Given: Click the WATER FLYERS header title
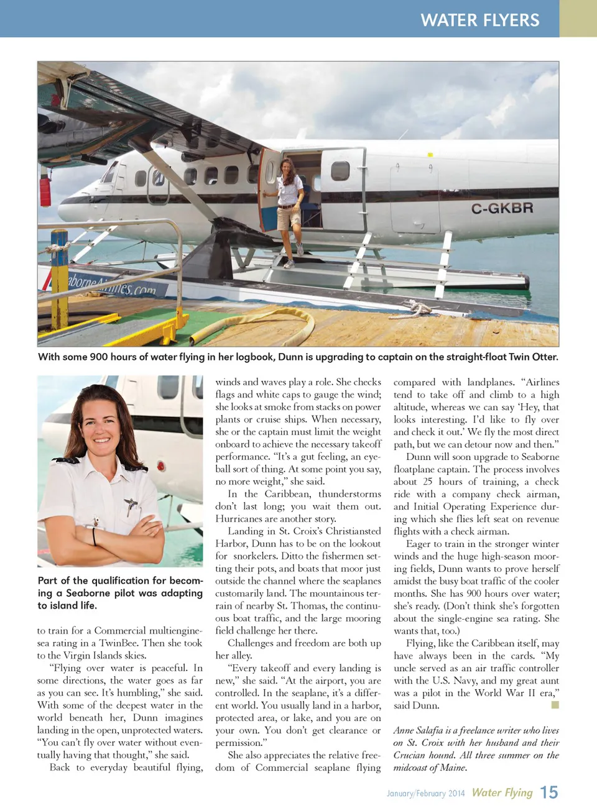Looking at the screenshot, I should point(479,20).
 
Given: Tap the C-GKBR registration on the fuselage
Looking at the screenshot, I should point(501,208).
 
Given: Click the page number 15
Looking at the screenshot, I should point(548,792).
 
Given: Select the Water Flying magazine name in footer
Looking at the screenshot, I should point(502,792).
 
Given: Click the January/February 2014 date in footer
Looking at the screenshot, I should point(425,793).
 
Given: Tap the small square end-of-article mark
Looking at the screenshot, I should point(555,705).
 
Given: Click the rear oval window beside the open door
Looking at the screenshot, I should point(340,170).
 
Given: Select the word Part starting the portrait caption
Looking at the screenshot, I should point(47,580).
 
